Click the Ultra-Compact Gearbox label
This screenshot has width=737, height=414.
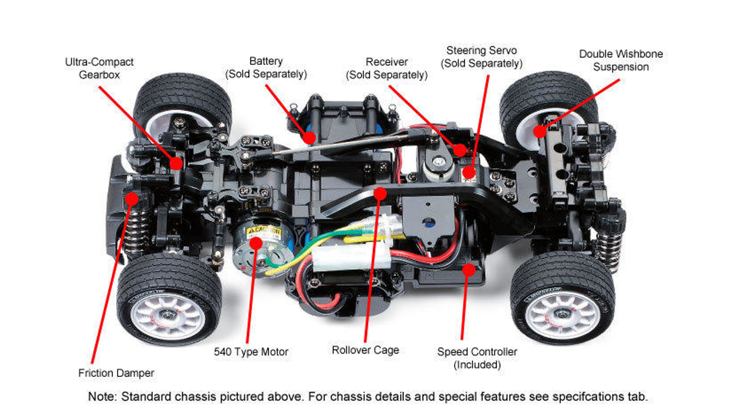coord(99,68)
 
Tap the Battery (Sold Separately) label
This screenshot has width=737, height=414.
coord(265,67)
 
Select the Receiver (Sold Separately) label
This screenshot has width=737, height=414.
coord(386,68)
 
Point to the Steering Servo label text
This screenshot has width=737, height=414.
coord(481,57)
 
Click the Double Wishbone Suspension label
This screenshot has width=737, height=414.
coord(620,60)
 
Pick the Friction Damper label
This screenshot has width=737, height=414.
coord(116,373)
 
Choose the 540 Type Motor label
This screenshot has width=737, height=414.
coord(251,352)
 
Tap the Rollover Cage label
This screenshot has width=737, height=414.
coord(365,350)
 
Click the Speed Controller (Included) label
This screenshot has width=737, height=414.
coord(477,358)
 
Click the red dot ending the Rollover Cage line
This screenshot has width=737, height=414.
coord(380,192)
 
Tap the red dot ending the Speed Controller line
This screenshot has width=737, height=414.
coord(469,269)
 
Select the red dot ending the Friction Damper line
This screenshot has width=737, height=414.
coord(131,199)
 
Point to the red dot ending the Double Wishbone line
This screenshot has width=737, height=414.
coord(538,131)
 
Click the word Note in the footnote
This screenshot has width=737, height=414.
coord(101,397)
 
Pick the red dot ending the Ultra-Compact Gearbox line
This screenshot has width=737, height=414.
coord(176,162)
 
